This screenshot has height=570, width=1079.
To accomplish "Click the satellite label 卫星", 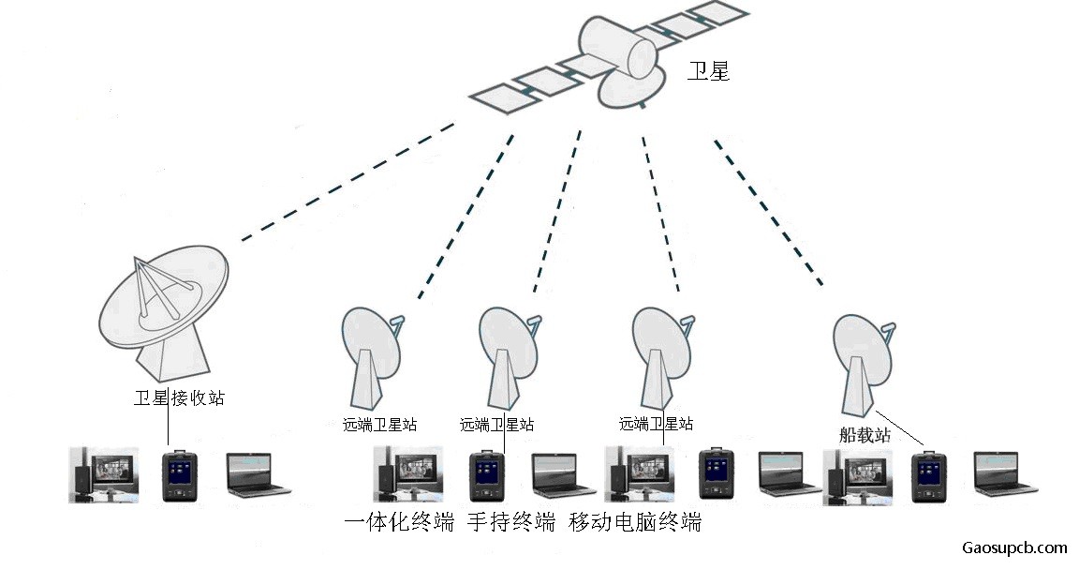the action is point(708,71).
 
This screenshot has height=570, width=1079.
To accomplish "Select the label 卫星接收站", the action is point(179,397).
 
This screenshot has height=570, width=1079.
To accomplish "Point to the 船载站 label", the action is point(865,435).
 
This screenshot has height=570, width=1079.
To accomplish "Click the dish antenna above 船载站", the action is point(864,365).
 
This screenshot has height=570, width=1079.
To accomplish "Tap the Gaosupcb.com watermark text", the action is point(1014,548).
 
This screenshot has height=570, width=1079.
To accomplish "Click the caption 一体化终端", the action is point(399,522).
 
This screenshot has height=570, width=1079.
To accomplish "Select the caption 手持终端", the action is point(511,522).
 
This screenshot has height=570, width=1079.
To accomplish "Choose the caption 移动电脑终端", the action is point(635,522).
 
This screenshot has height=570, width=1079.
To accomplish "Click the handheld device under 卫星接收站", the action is point(179,475).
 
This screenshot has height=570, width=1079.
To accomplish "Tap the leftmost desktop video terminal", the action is point(104,475).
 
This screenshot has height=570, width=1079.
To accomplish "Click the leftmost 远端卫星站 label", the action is point(380,425).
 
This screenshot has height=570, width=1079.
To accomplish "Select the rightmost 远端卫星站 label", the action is point(656,424).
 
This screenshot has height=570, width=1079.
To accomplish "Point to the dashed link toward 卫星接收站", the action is point(347,183).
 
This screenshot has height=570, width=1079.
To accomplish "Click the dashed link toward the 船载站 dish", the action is point(768,212).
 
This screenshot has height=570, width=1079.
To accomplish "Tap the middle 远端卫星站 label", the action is point(496,425).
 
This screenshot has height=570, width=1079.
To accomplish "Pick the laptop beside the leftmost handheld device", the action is point(259,475).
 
